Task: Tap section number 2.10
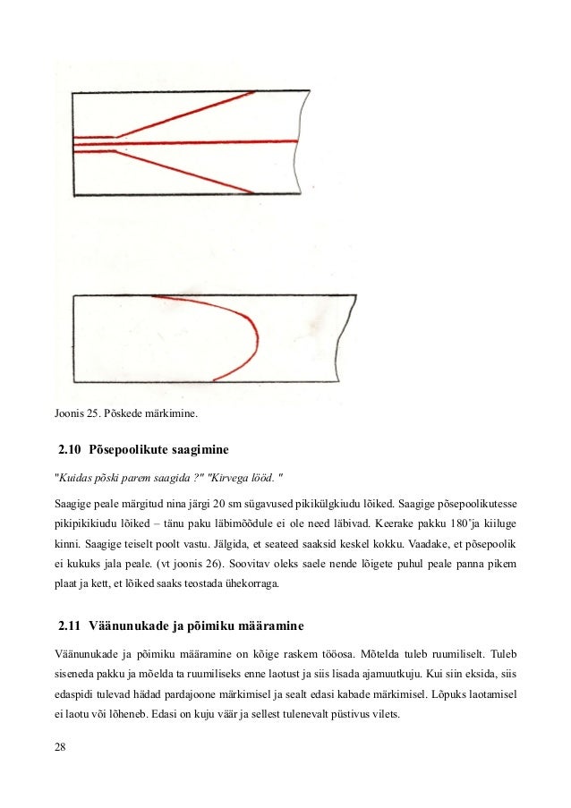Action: pos(70,446)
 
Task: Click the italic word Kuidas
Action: pos(80,473)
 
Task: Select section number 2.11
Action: pos(70,622)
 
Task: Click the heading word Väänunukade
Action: pos(132,622)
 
